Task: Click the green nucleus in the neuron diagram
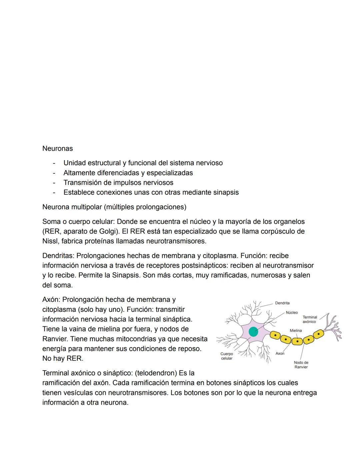coord(253,332)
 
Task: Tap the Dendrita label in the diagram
coord(282,303)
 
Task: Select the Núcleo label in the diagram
coord(292,313)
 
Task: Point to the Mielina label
coord(296,330)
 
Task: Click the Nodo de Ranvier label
coord(301,365)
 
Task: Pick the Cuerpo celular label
coord(227,356)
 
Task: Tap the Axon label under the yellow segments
coord(280,353)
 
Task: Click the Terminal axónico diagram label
coord(310,319)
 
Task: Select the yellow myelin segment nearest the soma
coord(275,335)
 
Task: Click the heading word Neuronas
coord(57,148)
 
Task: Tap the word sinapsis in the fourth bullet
coord(226,192)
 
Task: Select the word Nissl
coord(50,241)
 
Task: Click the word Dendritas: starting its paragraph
coord(58,256)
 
